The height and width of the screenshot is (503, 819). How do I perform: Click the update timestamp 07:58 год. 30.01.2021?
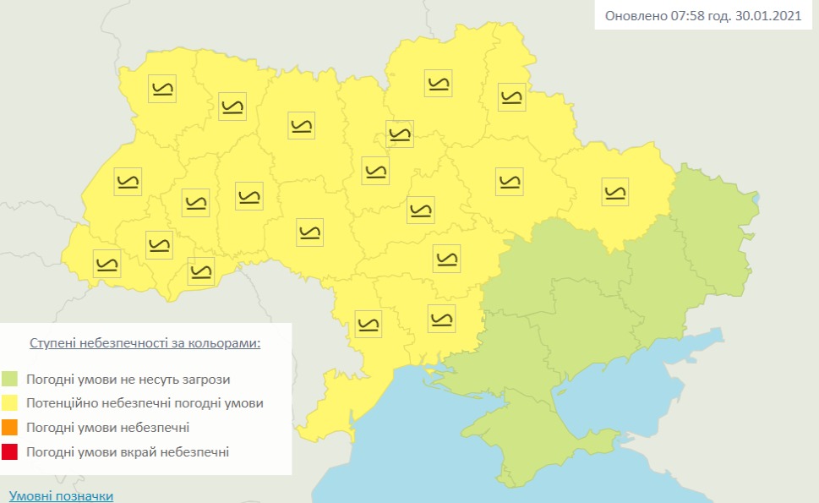coord(706,17)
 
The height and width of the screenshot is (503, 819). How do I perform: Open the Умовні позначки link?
coord(61,495)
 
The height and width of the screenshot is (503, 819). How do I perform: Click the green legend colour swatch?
coord(10,380)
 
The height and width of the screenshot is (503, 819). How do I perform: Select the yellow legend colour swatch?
coord(10,403)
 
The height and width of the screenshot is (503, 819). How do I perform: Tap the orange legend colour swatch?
coord(10,428)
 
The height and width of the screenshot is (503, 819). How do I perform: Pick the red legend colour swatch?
coord(10,452)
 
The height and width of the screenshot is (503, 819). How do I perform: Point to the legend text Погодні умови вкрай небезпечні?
coord(127,452)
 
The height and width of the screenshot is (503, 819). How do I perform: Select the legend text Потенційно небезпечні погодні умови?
coord(145,403)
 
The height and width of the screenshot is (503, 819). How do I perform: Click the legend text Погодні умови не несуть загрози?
coord(128,380)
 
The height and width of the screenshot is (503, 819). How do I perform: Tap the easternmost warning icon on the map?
coord(615,191)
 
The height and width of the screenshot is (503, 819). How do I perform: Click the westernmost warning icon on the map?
coord(106,263)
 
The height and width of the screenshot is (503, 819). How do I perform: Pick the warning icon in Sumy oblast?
coord(511,96)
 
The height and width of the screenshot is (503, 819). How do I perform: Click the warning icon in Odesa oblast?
coord(369,323)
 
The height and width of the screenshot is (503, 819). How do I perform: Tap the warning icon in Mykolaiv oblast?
coord(441,318)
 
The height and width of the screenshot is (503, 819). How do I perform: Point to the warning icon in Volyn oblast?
coord(161,89)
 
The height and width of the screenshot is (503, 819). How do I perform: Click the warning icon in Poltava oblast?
coord(509,181)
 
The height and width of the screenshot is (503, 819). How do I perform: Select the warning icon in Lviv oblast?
coord(128,181)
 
